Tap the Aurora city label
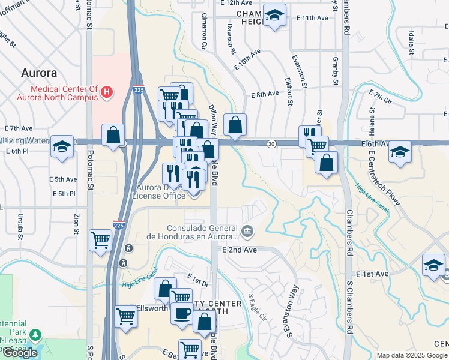pyautogui.click(x=39, y=73)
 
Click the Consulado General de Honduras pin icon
pyautogui.click(x=247, y=230)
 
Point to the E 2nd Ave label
pyautogui.click(x=239, y=250)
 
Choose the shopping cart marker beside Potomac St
pyautogui.click(x=100, y=240)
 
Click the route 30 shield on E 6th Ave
pyautogui.click(x=271, y=143)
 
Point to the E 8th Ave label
pyautogui.click(x=265, y=94)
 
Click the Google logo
pyautogui.click(x=20, y=353)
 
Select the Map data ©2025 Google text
pyautogui.click(x=411, y=355)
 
